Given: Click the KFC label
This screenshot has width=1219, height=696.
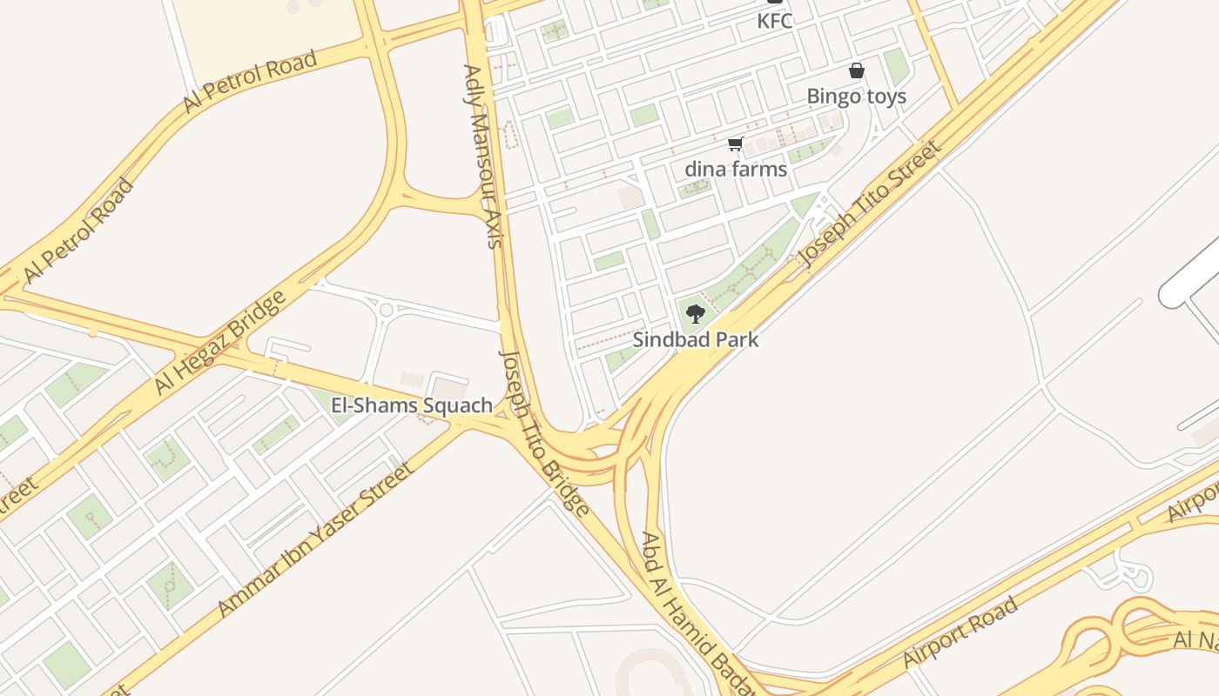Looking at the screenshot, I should click(774, 21).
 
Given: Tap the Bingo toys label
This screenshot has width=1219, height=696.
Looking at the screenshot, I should click(856, 96).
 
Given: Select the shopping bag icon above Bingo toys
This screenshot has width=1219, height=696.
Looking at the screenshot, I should click(857, 70).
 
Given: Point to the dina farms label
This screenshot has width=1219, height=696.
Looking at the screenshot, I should click(736, 169).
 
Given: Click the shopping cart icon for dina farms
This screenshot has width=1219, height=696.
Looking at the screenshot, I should click(736, 144).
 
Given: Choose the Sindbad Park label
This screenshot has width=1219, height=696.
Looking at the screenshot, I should click(695, 339).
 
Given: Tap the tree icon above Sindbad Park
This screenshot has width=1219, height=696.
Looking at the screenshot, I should click(695, 314).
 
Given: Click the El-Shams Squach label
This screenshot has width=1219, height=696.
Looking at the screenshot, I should click(412, 405).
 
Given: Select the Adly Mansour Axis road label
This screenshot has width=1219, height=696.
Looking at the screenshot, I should click(483, 157).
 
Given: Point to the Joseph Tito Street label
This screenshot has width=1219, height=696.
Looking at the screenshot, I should click(871, 204).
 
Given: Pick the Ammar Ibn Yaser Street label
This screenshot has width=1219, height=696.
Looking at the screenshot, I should click(314, 539).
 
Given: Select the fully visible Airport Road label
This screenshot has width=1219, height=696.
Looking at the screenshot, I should click(960, 632).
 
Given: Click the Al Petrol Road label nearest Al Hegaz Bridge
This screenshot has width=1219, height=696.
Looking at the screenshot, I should click(78, 231).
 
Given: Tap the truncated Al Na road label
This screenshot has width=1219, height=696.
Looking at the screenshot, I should click(1196, 639).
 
